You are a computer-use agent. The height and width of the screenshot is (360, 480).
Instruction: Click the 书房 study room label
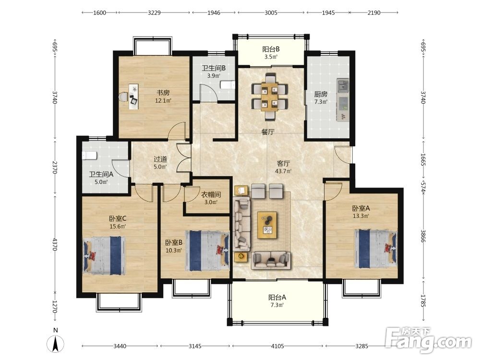163,93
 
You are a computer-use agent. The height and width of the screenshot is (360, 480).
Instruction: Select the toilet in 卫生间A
89,156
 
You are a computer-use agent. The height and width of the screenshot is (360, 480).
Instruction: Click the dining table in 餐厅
270,96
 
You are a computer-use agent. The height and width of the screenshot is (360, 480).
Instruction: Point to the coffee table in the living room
267,225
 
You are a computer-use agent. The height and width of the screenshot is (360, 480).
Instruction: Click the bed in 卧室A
376,249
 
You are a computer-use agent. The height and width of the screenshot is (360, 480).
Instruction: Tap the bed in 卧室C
104,255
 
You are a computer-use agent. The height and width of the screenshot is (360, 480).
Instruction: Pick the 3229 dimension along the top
154,12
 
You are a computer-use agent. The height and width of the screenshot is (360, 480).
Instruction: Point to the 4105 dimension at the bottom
277,346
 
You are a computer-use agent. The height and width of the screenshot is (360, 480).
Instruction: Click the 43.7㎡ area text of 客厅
283,171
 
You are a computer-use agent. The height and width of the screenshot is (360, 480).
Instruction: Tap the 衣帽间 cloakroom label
211,194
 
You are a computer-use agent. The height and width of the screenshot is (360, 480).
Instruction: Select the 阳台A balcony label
277,297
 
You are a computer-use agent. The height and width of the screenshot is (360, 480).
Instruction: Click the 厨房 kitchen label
321,94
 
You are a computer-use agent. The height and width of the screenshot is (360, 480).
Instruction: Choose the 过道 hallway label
160,159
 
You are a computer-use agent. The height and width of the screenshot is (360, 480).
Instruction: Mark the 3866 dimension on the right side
423,236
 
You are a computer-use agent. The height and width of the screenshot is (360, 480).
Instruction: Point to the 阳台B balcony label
271,49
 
